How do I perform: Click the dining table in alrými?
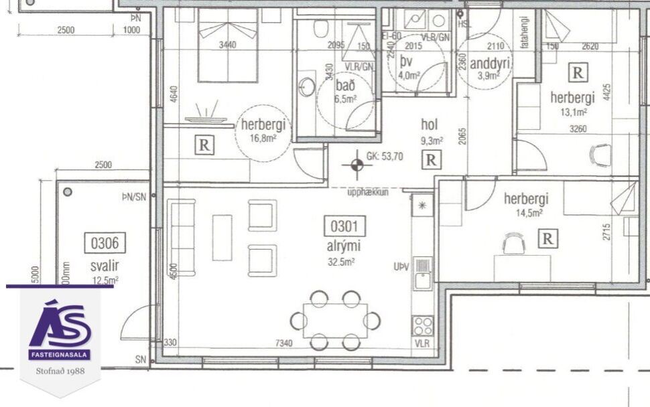tap(335, 321)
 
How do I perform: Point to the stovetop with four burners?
tap(423, 325)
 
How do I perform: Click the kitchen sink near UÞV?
tap(423, 274)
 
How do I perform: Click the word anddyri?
tap(491, 64)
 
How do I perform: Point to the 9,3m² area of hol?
tap(432, 141)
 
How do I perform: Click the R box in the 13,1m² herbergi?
tap(576, 72)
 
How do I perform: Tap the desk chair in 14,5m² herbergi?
tap(514, 244)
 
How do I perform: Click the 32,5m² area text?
tap(340, 262)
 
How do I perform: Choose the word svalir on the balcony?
tap(105, 266)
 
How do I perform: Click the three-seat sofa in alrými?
tap(182, 237)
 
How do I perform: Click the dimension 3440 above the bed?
tap(228, 46)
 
